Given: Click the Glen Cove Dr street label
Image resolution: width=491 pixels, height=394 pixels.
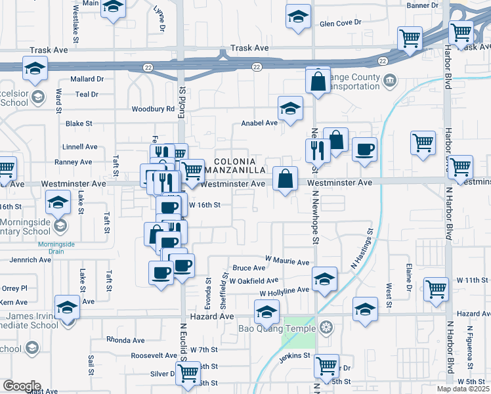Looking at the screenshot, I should (x=340, y=23).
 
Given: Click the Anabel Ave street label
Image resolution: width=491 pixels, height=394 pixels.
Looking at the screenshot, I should (x=259, y=123).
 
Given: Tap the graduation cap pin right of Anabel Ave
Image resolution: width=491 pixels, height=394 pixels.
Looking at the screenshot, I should (x=290, y=109).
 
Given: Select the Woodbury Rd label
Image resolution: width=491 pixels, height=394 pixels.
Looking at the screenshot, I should (x=153, y=109).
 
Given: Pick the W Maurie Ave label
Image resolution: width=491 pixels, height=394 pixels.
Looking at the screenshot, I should (x=287, y=262).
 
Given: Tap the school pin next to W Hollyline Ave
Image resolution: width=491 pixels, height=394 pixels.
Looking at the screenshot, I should (x=324, y=278).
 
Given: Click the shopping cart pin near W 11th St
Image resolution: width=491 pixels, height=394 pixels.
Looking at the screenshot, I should (x=436, y=289).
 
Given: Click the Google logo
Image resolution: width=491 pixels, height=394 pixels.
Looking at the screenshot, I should (x=22, y=386).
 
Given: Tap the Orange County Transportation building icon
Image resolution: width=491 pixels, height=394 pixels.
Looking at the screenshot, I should (x=390, y=81).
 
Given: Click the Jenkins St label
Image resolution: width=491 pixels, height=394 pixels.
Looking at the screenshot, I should (x=293, y=356).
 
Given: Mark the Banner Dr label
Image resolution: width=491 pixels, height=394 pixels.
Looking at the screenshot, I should (x=422, y=5).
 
